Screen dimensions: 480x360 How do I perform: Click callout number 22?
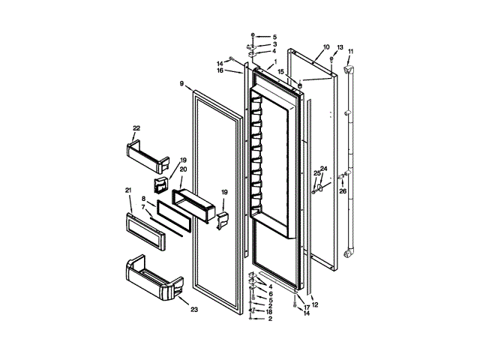136,128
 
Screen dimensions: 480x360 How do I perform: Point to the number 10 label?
326,47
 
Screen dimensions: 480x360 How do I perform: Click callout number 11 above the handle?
350,51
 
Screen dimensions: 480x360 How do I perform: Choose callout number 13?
339,47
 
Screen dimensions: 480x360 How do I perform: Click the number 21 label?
127,189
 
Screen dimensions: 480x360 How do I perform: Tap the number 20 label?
184,169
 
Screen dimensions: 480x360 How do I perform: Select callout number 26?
343,190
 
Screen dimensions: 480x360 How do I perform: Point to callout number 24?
324,169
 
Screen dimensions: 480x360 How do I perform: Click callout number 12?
315,304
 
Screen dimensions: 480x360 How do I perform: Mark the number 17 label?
307,307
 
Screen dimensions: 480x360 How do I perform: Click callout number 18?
268,312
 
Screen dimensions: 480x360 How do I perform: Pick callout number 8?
142,199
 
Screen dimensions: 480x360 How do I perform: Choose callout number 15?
281,72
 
